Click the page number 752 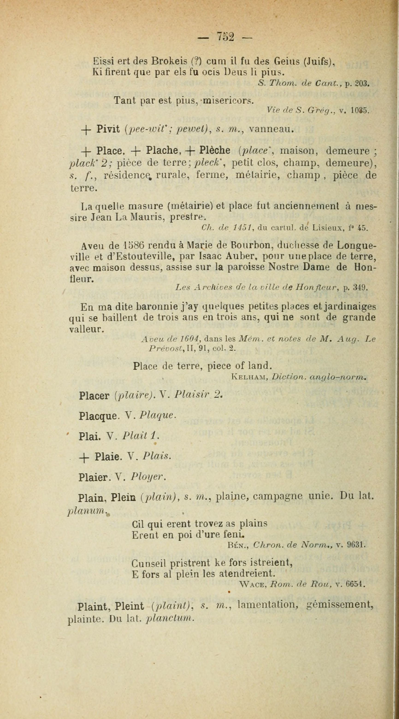pos(225,36)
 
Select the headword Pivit pos(108,129)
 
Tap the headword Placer pos(94,396)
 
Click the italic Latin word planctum pos(169,618)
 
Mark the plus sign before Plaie pos(83,457)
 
